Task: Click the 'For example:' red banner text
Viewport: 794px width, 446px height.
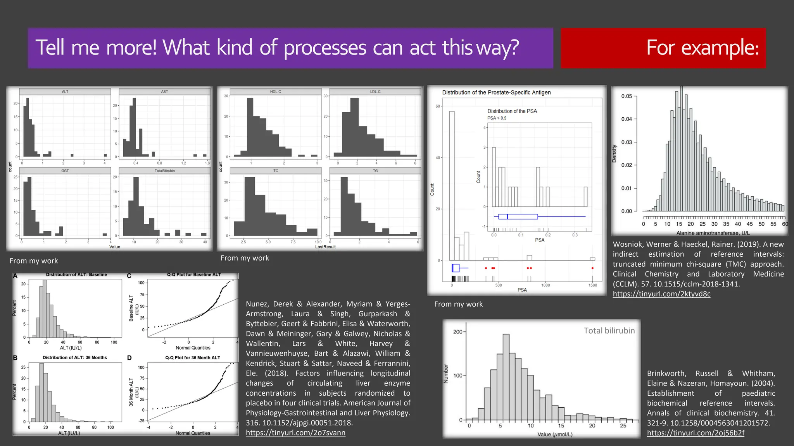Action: tap(702, 48)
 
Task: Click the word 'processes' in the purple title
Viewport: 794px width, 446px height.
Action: tap(325, 48)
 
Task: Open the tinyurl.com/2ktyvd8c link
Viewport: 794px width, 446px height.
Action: tap(661, 294)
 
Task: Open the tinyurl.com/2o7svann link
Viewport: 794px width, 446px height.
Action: tap(295, 433)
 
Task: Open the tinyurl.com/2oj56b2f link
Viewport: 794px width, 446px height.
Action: tap(696, 433)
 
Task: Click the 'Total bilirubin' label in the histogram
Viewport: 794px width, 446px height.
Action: tap(609, 331)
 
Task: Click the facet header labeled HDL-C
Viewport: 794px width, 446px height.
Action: tap(276, 92)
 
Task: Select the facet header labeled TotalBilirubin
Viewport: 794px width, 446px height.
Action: tap(165, 171)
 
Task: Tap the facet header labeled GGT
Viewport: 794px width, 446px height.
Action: tap(65, 171)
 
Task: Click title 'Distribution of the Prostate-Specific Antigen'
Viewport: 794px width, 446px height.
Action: tap(496, 93)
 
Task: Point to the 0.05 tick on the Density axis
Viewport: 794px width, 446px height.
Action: tap(627, 96)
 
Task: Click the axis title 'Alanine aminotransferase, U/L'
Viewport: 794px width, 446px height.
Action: tap(713, 233)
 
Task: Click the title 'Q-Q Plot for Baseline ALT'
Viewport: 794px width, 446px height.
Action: tap(194, 274)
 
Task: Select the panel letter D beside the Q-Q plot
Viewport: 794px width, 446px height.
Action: tap(129, 358)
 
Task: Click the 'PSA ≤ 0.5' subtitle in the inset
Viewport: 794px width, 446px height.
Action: tap(497, 118)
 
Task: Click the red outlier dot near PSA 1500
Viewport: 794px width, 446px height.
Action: tap(592, 268)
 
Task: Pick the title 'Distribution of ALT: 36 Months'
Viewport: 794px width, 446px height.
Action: tap(75, 358)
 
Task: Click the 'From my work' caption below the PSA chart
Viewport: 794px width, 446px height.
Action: tap(458, 304)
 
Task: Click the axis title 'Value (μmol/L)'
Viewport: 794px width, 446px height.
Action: tap(555, 434)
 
